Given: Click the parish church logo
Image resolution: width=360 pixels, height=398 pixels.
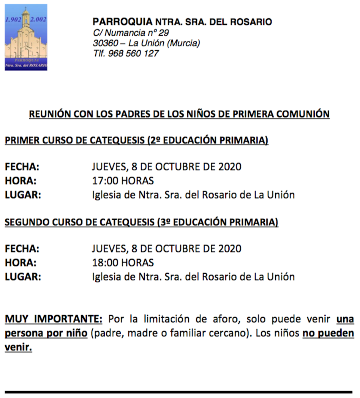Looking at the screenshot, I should click(26, 38).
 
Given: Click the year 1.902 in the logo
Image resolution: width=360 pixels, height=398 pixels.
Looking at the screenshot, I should click(13, 20).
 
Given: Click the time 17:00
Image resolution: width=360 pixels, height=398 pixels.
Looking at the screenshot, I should click(105, 181).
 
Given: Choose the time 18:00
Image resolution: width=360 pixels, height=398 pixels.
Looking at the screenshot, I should click(105, 263).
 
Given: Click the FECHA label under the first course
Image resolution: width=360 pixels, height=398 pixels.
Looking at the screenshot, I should click(22, 167).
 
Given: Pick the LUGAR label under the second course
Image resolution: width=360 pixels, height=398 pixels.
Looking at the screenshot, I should click(23, 277).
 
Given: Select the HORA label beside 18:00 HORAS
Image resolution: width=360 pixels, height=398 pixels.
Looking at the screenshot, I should click(20, 263).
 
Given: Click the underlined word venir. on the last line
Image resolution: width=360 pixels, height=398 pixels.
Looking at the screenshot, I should click(18, 347).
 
